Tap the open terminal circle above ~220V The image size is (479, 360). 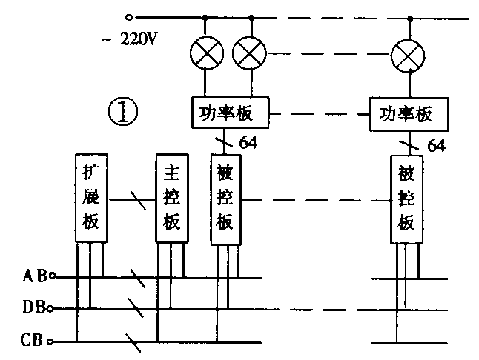[131, 16]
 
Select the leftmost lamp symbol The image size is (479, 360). [207, 53]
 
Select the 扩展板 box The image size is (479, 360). [92, 199]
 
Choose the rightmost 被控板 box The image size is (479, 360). [406, 199]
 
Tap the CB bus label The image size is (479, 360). [33, 341]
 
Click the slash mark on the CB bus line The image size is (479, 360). [132, 342]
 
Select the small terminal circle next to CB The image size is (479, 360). [50, 342]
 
